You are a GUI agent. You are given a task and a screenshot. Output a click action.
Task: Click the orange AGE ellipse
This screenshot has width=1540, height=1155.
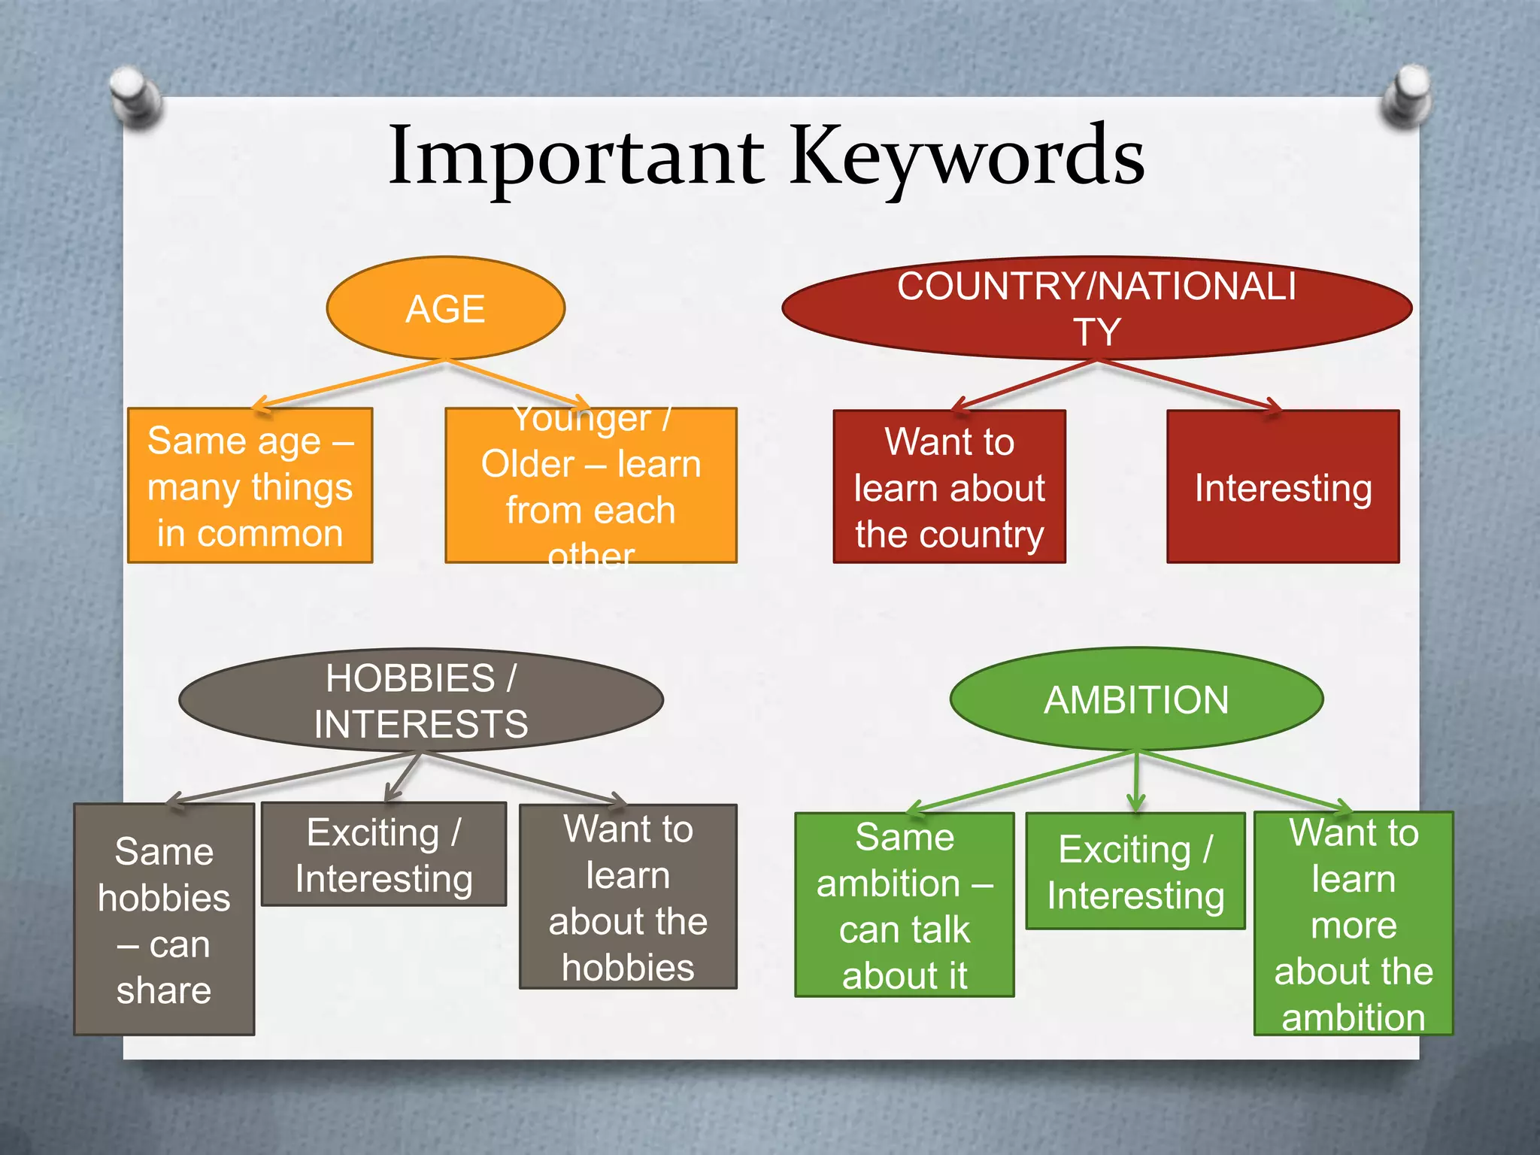(x=445, y=308)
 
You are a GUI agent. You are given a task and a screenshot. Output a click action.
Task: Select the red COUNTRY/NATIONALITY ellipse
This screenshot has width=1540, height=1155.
(x=1096, y=308)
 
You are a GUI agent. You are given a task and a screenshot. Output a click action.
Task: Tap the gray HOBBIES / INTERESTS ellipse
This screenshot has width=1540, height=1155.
(x=421, y=700)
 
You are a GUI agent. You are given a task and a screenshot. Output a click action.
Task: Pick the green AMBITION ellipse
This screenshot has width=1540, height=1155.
(x=1136, y=699)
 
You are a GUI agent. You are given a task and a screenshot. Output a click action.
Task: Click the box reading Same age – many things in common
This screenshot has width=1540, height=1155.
(x=250, y=486)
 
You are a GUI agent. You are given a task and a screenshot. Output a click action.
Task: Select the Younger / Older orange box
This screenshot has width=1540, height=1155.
(x=590, y=486)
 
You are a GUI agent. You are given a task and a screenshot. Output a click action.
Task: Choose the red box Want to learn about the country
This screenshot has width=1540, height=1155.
(x=949, y=487)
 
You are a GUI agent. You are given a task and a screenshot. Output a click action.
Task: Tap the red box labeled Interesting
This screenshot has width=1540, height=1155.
(x=1283, y=487)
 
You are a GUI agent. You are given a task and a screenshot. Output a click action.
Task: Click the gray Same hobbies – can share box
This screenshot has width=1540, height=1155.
(x=164, y=919)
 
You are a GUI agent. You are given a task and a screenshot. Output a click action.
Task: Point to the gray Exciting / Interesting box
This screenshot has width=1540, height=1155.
(x=383, y=854)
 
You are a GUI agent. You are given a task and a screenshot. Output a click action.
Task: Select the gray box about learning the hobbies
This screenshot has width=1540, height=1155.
(x=628, y=896)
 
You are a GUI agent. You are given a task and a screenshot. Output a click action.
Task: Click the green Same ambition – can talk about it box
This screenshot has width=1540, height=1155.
(x=905, y=905)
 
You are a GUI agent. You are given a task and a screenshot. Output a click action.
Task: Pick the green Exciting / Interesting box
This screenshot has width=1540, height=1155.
(x=1135, y=871)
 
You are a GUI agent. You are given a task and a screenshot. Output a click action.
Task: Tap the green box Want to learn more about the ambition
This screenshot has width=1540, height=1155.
(x=1354, y=923)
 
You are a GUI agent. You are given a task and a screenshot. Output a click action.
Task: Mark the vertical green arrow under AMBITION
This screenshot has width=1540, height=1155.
(x=1136, y=782)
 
